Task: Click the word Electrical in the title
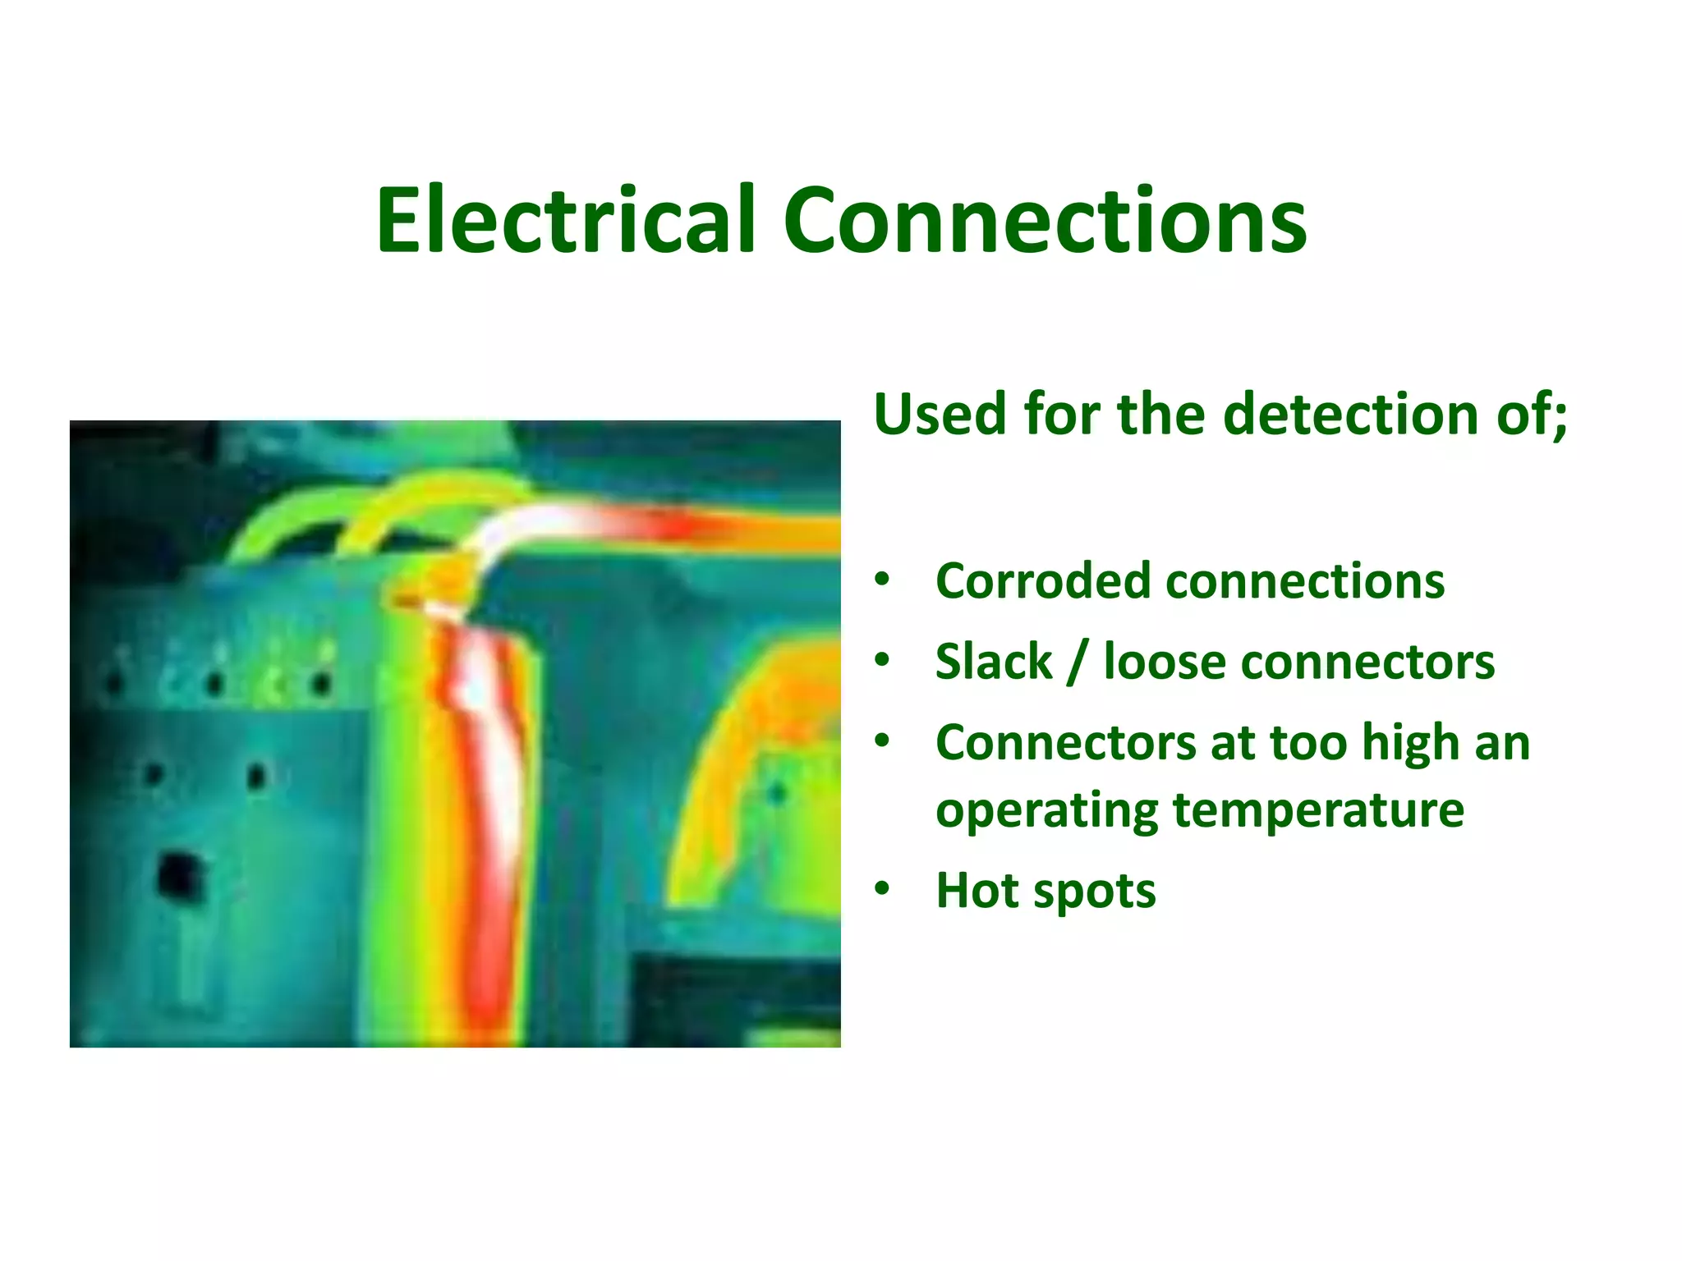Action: [565, 220]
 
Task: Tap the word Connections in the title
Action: [1044, 220]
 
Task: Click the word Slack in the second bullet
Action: [994, 662]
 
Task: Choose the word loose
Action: [1165, 662]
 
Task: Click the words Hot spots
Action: [1046, 891]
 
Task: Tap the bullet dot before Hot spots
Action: [882, 888]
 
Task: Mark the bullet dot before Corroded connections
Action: [882, 580]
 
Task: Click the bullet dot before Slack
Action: [882, 660]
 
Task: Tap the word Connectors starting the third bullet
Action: [1065, 742]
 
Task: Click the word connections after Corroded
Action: [1305, 581]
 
